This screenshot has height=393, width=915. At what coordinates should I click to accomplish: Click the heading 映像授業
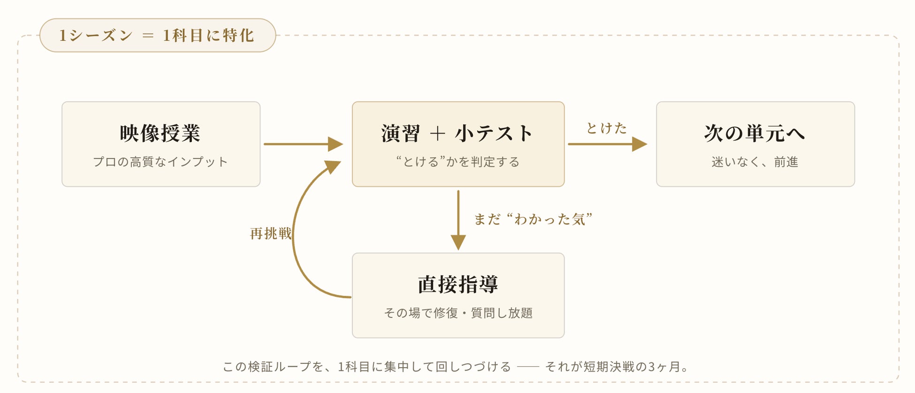coord(160,133)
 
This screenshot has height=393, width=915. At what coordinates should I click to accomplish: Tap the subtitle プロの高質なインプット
coord(160,162)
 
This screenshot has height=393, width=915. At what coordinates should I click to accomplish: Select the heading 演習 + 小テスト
coord(457,133)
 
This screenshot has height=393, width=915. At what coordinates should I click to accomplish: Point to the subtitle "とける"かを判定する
coord(457,162)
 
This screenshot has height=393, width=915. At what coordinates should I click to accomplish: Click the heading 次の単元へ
coord(755,133)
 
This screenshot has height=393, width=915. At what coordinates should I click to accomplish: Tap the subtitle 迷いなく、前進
coord(755,162)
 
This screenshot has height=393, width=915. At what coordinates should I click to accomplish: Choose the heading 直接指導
coord(458,285)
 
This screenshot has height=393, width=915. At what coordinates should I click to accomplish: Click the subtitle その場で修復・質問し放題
coord(458,313)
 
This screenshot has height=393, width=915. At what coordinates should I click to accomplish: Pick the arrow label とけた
coord(606,128)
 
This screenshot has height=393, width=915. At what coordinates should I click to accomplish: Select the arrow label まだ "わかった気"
coord(533,219)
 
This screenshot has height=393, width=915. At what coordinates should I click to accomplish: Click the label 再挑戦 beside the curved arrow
coord(271,233)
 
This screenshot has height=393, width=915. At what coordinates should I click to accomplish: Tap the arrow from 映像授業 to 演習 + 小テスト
coord(303,144)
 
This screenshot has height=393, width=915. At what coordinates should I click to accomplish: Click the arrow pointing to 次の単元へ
coord(608,144)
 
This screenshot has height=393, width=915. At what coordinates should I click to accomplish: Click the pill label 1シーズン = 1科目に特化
coord(157,35)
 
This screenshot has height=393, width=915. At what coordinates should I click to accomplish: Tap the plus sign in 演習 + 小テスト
coord(437,134)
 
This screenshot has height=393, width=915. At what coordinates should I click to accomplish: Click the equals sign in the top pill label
coord(148,36)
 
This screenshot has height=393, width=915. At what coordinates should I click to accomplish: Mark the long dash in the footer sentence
coord(528,367)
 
